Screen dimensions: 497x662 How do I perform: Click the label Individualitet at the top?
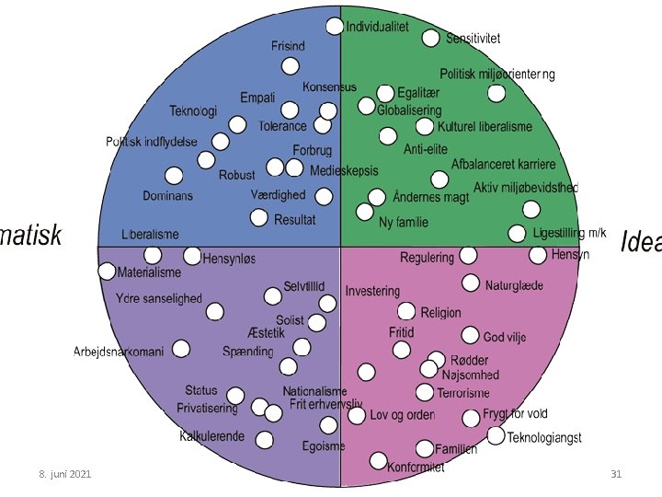pyautogui.click(x=378, y=27)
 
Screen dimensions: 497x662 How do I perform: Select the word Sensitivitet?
pyautogui.click(x=474, y=38)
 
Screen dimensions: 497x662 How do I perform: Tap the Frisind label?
pyautogui.click(x=288, y=45)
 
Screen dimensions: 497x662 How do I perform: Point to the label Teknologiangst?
pyautogui.click(x=544, y=437)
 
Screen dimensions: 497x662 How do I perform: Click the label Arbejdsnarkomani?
pyautogui.click(x=119, y=352)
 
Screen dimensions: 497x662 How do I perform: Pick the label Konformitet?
pyautogui.click(x=415, y=467)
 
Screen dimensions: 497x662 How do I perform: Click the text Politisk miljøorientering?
pyautogui.click(x=496, y=74)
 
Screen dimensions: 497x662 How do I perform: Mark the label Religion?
pyautogui.click(x=441, y=313)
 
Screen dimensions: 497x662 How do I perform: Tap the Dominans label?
pyautogui.click(x=167, y=196)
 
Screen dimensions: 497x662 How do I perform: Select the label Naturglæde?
pyautogui.click(x=514, y=285)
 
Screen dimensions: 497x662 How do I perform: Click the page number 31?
pyautogui.click(x=616, y=473)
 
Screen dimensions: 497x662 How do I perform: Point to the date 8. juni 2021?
pyautogui.click(x=64, y=473)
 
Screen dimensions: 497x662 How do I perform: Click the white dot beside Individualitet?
pyautogui.click(x=335, y=27)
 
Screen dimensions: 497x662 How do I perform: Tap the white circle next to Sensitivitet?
pyautogui.click(x=431, y=38)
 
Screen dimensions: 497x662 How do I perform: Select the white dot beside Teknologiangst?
pyautogui.click(x=496, y=435)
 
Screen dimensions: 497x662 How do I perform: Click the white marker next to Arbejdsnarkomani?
pyautogui.click(x=181, y=349)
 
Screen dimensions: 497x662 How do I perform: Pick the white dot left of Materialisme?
pyautogui.click(x=108, y=272)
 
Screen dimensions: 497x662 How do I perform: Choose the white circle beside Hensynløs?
pyautogui.click(x=192, y=256)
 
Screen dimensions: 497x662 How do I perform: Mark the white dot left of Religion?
pyautogui.click(x=405, y=312)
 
